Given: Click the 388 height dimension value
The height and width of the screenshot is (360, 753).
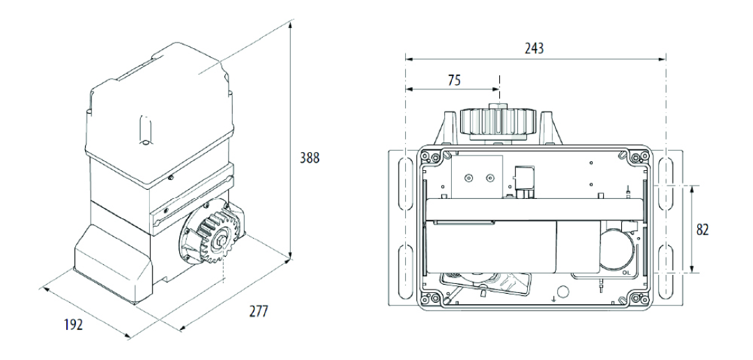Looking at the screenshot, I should click(309, 158).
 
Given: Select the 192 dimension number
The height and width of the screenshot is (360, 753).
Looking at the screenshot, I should click(73, 325).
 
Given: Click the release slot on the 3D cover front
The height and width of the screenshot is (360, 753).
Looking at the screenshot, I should click(144, 130).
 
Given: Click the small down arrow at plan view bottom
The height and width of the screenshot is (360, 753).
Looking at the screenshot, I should click(553, 299).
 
